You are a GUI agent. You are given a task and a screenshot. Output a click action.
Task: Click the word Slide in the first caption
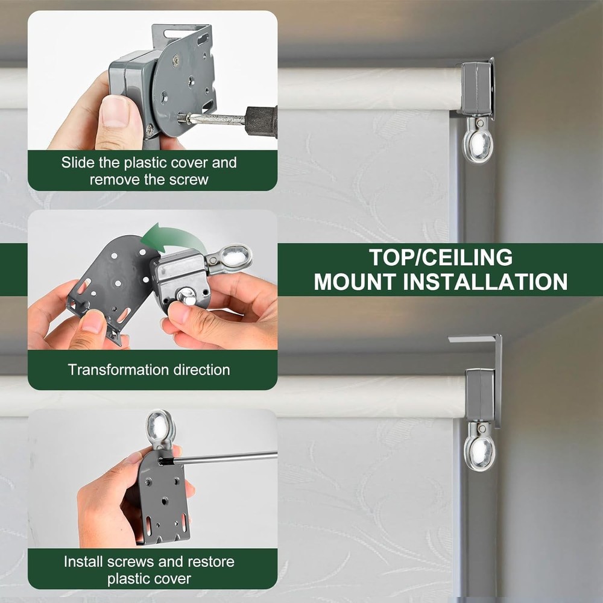click(x=78, y=163)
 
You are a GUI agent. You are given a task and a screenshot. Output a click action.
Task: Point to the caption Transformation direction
click(x=149, y=370)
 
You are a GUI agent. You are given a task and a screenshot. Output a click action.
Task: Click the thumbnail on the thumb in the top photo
click(x=115, y=111)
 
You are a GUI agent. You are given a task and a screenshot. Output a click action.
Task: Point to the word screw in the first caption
click(x=191, y=179)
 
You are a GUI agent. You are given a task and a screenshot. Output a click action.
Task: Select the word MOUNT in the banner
click(x=356, y=282)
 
